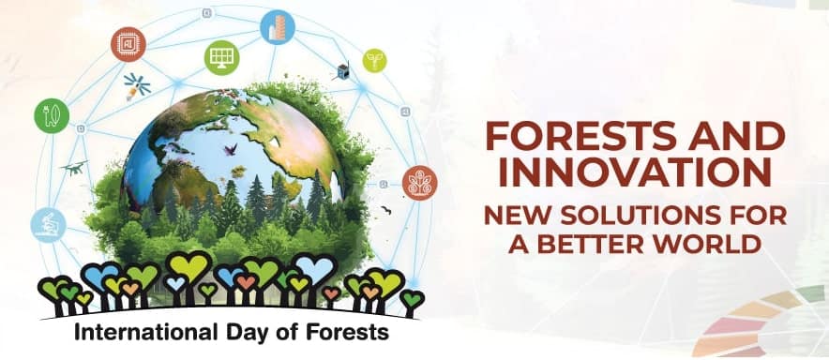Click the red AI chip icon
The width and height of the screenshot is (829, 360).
(128, 44)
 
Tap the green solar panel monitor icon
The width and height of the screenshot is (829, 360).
(221, 57)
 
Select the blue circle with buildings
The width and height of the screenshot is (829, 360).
(278, 27)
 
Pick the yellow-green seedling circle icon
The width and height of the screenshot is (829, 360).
(374, 60)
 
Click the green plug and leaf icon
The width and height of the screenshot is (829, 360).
(52, 115)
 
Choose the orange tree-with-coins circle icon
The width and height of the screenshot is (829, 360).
(420, 183)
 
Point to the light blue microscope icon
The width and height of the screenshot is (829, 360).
(49, 225)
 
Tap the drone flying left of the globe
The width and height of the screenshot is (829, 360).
(74, 168)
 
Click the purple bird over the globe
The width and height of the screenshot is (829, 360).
(231, 150)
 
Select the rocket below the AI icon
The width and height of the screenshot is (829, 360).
(136, 87)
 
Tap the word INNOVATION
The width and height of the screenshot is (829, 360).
(635, 173)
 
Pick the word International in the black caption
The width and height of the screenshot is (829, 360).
(146, 333)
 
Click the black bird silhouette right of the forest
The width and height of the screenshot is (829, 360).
(386, 210)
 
